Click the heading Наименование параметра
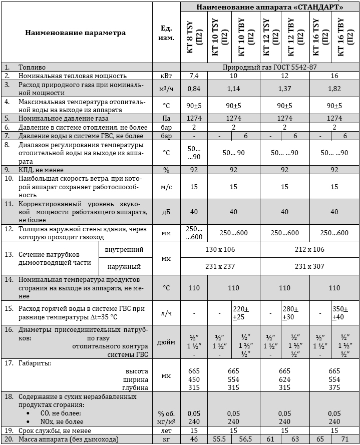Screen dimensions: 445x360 pyautogui.click(x=76, y=33)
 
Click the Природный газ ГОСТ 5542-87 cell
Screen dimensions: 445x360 pyautogui.click(x=270, y=66)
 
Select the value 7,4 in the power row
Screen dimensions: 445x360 pyautogui.click(x=193, y=75)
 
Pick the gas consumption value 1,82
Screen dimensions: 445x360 pyautogui.click(x=334, y=88)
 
